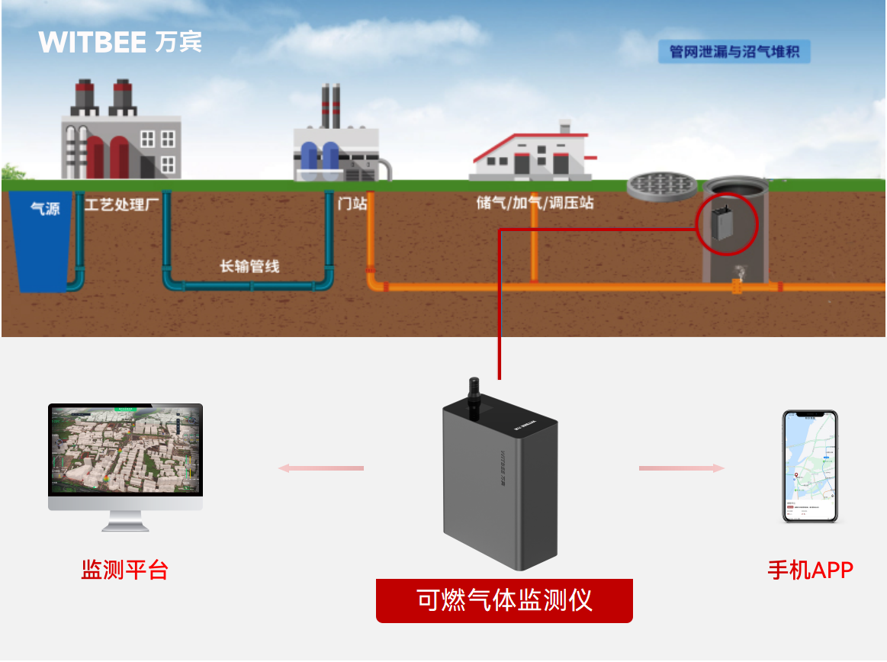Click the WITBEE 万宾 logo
click(x=120, y=42)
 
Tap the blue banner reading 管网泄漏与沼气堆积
click(x=733, y=53)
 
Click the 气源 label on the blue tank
click(x=45, y=208)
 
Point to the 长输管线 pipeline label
click(x=249, y=266)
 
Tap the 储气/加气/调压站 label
click(x=535, y=203)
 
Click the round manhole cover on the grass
click(x=662, y=184)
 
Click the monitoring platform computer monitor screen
click(x=125, y=449)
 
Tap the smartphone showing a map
click(x=810, y=466)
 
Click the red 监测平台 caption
click(x=124, y=570)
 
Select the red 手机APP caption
click(x=810, y=570)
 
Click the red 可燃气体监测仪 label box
click(x=504, y=600)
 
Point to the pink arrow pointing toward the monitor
click(x=321, y=468)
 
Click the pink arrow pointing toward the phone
click(x=681, y=468)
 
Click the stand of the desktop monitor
click(x=125, y=522)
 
